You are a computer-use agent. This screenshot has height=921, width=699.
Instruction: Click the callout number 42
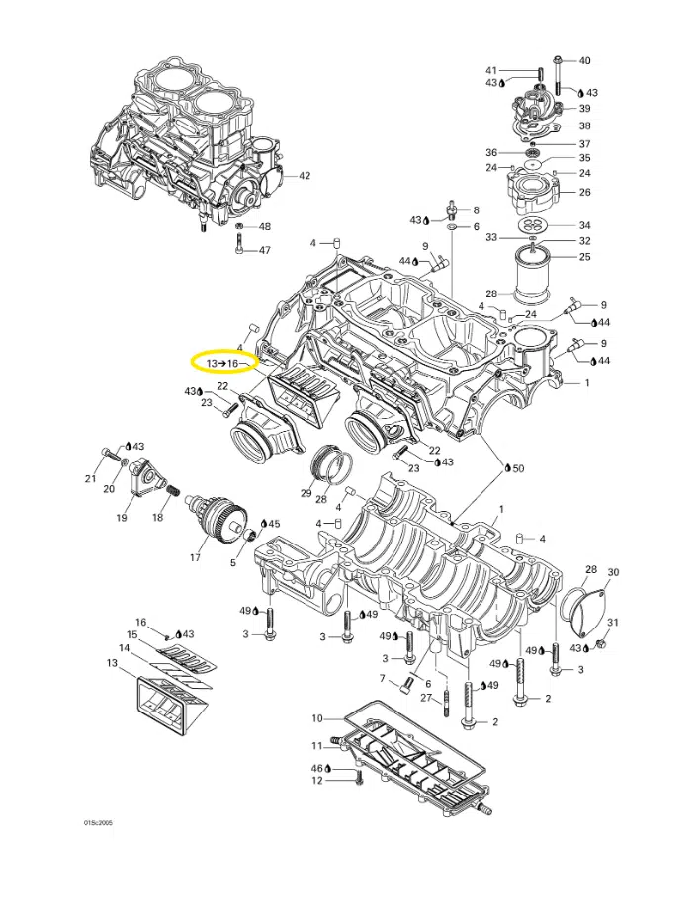pyautogui.click(x=306, y=177)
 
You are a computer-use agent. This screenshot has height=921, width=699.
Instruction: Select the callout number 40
pyautogui.click(x=584, y=60)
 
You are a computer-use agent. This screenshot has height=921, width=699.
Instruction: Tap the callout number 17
pyautogui.click(x=195, y=557)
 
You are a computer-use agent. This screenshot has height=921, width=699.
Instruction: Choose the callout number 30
pyautogui.click(x=613, y=573)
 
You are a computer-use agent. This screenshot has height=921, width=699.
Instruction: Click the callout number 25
pyautogui.click(x=584, y=257)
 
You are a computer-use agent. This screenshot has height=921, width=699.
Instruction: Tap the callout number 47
pyautogui.click(x=265, y=250)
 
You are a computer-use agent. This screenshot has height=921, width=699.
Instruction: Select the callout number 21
pyautogui.click(x=90, y=479)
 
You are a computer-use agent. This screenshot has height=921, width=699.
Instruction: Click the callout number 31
pyautogui.click(x=613, y=622)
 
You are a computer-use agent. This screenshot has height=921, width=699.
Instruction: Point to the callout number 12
pyautogui.click(x=317, y=782)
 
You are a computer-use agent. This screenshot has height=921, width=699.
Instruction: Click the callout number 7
pyautogui.click(x=382, y=678)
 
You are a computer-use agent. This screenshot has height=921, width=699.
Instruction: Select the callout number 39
pyautogui.click(x=584, y=109)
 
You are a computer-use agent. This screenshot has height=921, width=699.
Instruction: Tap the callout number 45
pyautogui.click(x=274, y=524)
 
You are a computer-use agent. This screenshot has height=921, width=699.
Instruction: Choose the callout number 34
pyautogui.click(x=584, y=224)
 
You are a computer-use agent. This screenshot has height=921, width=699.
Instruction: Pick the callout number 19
pyautogui.click(x=122, y=518)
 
